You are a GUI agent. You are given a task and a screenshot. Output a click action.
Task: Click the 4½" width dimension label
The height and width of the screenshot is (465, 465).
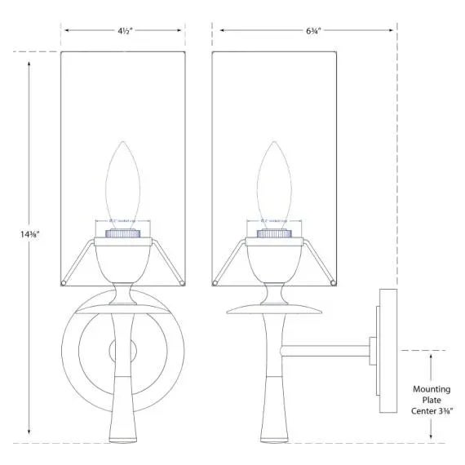click(x=123, y=32)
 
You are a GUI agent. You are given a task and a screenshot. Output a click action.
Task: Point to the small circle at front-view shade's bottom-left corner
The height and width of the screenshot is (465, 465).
click(x=64, y=283)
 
